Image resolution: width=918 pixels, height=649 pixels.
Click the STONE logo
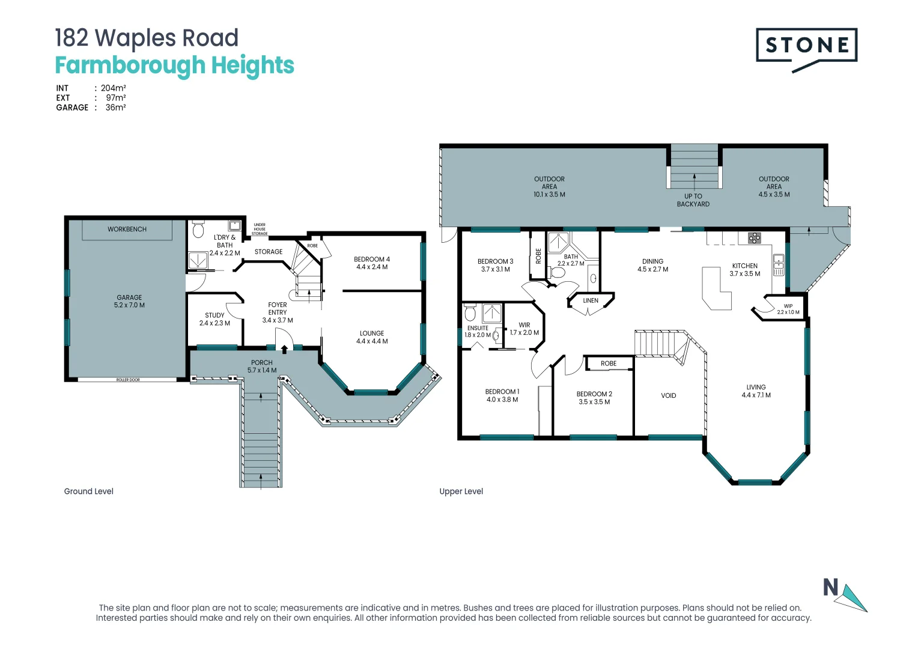806,49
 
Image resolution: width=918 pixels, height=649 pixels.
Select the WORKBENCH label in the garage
127,229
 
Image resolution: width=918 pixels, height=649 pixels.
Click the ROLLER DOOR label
128,380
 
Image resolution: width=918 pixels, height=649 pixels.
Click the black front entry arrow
284,349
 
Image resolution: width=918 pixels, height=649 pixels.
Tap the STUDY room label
214,315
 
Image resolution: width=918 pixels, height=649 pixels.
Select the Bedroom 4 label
372,259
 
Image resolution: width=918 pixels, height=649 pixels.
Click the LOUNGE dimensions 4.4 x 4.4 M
372,341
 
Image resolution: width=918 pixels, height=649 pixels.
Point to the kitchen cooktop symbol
754,238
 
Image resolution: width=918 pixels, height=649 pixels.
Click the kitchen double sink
779,265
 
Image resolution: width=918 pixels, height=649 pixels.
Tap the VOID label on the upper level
669,395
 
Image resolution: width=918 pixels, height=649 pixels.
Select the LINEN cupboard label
591,300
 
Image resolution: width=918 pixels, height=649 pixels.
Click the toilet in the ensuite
470,312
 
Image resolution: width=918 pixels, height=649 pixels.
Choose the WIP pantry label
788,306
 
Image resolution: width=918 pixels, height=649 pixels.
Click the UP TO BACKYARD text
693,200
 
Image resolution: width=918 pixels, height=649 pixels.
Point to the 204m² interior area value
113,88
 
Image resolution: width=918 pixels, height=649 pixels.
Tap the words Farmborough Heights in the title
175,66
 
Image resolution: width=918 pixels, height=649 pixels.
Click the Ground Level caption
88,491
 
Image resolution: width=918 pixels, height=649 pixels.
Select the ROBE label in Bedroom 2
609,364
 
